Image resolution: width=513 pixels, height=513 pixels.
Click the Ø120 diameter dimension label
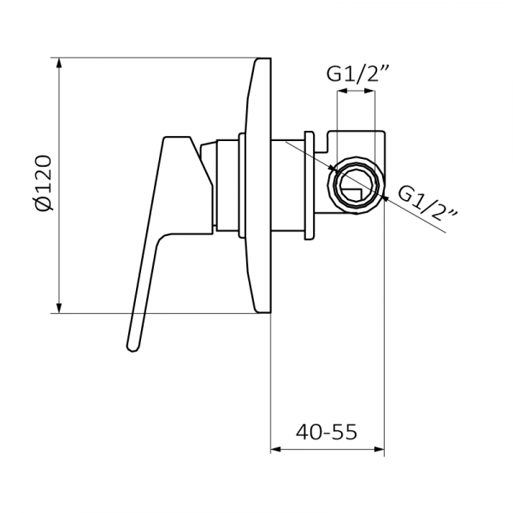tap(44, 183)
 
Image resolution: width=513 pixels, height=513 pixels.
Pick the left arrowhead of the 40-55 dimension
tap(275, 448)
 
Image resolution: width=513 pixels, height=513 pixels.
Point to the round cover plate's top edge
tap(263, 62)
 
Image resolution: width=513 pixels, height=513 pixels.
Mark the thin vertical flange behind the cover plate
tap(309, 184)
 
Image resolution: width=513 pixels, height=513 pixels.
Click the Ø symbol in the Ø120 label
tap(44, 205)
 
